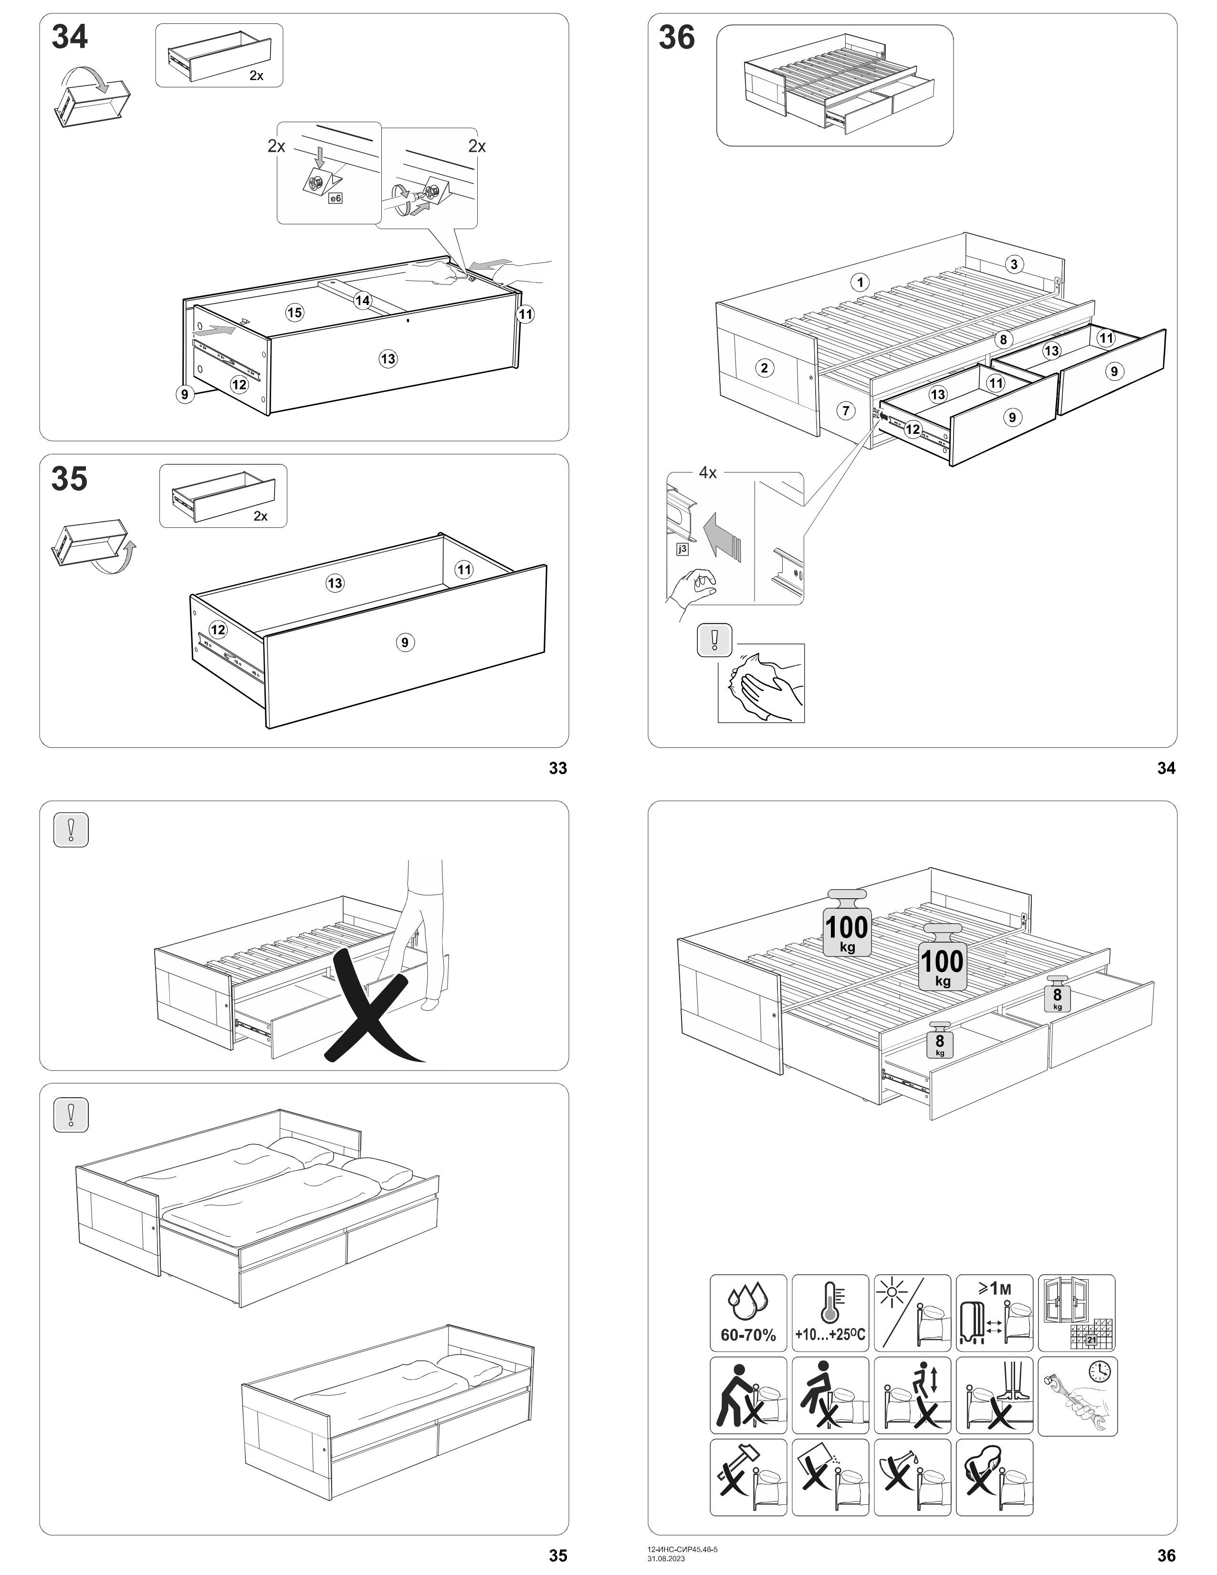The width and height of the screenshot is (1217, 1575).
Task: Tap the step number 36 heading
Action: click(x=676, y=38)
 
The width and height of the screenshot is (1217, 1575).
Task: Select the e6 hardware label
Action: click(x=335, y=198)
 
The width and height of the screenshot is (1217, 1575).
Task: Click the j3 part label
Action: click(x=682, y=549)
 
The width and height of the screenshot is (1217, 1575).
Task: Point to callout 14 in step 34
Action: click(x=363, y=300)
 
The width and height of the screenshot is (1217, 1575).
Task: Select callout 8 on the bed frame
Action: click(x=1002, y=340)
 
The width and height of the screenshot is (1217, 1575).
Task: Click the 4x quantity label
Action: click(x=707, y=473)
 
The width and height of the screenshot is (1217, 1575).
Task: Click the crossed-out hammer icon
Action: click(x=748, y=1477)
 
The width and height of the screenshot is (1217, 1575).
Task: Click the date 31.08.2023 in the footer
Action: click(x=666, y=1558)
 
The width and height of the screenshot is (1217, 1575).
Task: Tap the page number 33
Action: click(x=558, y=769)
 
